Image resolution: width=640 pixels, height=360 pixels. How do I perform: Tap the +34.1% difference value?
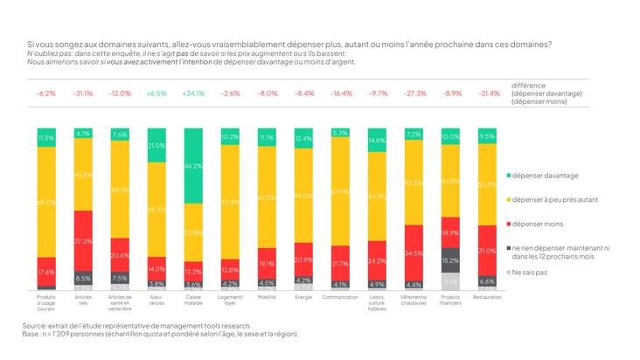point(194,93)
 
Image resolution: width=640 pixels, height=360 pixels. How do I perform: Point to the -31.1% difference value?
point(83,93)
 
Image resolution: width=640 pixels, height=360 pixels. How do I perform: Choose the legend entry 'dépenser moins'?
point(534,224)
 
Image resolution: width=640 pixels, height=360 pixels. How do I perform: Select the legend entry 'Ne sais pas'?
point(530,273)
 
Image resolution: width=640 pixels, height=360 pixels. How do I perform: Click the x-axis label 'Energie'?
point(304,297)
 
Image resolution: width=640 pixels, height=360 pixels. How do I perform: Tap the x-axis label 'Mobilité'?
point(268,297)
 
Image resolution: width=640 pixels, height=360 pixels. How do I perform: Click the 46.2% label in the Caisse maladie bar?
point(194,164)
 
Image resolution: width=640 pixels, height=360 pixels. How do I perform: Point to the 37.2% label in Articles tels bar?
point(83,241)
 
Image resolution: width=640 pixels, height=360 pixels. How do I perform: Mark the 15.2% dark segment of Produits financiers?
point(451,260)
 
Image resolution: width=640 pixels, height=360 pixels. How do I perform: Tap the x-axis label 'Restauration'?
point(488,297)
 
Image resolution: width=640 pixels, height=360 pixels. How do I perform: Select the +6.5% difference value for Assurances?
point(157,93)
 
